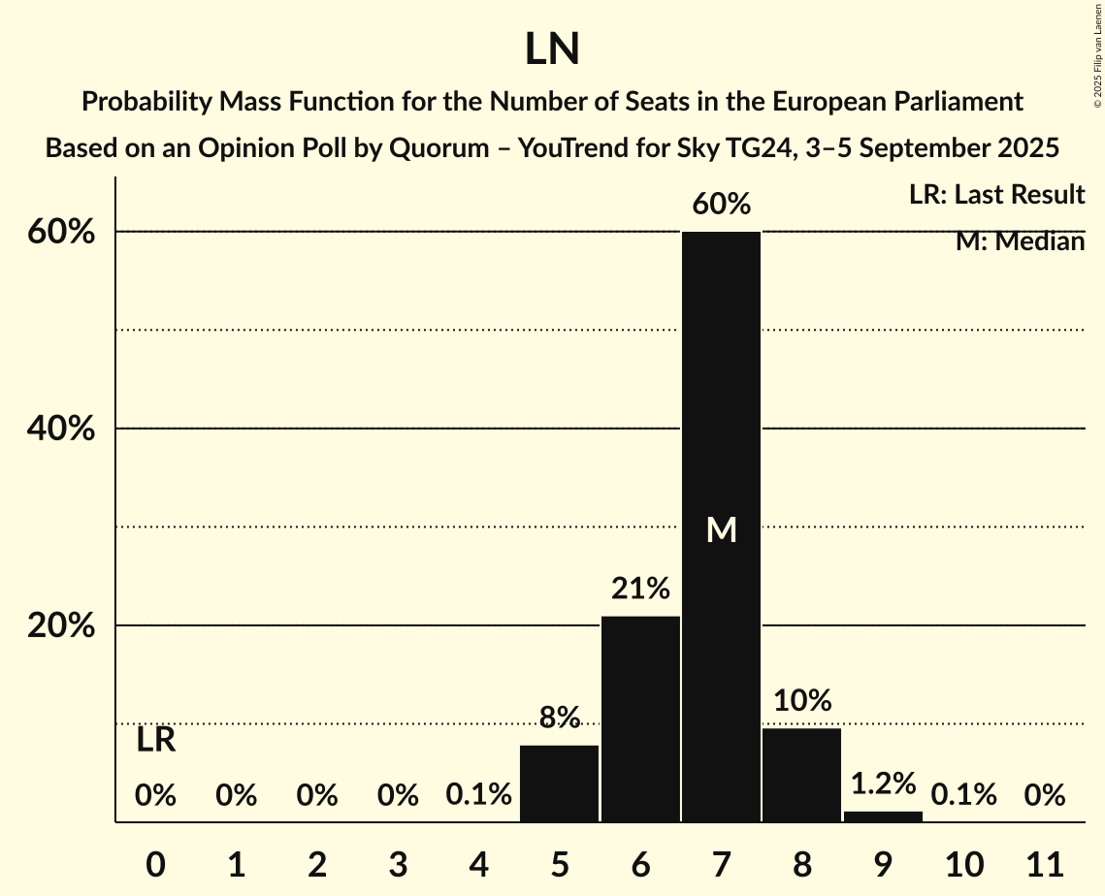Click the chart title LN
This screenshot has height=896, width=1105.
(552, 49)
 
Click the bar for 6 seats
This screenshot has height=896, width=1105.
(640, 719)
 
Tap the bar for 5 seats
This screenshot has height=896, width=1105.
(560, 784)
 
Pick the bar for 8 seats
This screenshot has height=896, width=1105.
(801, 775)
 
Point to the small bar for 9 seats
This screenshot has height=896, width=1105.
(883, 816)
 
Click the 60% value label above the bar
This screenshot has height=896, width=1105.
(721, 205)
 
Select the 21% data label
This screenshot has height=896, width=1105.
(640, 589)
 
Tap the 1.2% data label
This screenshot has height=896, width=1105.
(883, 783)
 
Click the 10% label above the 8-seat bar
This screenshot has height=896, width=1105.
(801, 700)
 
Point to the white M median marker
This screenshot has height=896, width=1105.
(721, 529)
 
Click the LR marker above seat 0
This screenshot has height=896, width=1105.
(155, 741)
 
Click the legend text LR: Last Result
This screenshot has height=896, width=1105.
(996, 195)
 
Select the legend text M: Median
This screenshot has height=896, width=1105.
(1020, 241)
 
